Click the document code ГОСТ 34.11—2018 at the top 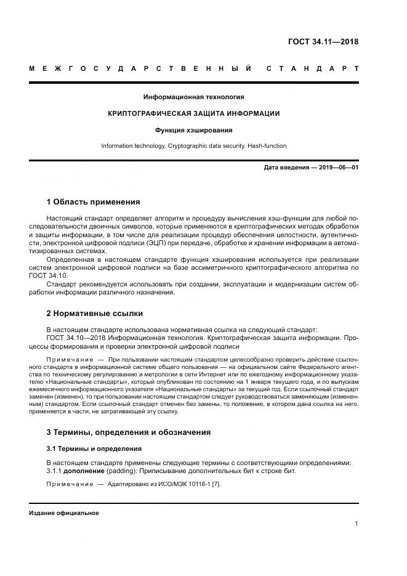coord(323,42)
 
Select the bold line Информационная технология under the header coord(193,97)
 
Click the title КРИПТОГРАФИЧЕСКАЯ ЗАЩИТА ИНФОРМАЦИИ coord(193,113)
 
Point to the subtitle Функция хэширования coord(193,130)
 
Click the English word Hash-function coord(266,146)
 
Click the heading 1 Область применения coord(93,201)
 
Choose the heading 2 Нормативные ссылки coord(94,312)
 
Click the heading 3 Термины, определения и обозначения coord(129,432)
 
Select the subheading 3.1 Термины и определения coord(94,448)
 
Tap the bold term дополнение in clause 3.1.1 coord(83,471)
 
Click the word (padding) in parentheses coord(121,471)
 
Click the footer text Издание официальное coord(64,513)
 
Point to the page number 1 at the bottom coord(357,524)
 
